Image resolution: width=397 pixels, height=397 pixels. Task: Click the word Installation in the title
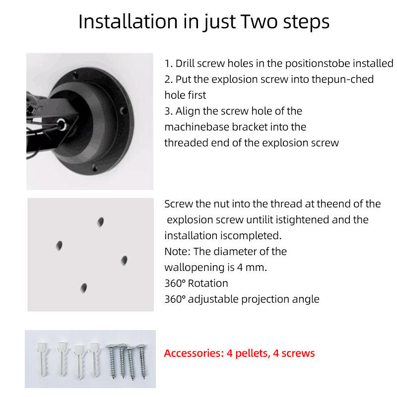pyautogui.click(x=128, y=21)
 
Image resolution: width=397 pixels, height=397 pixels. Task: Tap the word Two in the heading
pyautogui.click(x=260, y=21)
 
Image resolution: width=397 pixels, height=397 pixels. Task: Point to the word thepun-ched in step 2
pyautogui.click(x=342, y=79)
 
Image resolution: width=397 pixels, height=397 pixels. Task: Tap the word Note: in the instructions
pyautogui.click(x=177, y=252)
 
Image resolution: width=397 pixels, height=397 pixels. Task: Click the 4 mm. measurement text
pyautogui.click(x=252, y=267)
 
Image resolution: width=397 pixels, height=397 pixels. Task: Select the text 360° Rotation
pyautogui.click(x=196, y=283)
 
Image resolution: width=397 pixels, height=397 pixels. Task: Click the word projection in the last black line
pyautogui.click(x=265, y=299)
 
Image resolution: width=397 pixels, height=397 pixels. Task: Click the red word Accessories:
pyautogui.click(x=194, y=353)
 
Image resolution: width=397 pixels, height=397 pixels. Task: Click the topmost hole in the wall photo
pyautogui.click(x=101, y=222)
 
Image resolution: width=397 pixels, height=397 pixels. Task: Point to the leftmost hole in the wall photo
pyautogui.click(x=59, y=245)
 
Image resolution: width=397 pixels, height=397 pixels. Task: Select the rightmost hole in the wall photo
pyautogui.click(x=124, y=260)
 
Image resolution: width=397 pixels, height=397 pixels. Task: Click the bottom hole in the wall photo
pyautogui.click(x=83, y=288)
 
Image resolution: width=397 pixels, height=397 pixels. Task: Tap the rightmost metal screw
pyautogui.click(x=141, y=361)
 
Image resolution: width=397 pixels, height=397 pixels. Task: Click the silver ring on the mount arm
pyautogui.click(x=62, y=125)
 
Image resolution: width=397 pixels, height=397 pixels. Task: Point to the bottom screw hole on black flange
pyautogui.click(x=95, y=168)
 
